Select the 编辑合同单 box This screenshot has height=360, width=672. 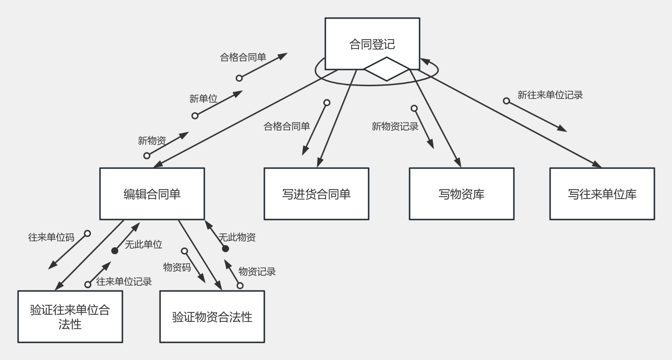tap(152, 194)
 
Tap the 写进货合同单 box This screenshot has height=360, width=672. tap(316, 194)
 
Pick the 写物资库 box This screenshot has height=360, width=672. tap(461, 194)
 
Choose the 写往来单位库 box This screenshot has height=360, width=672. tap(602, 194)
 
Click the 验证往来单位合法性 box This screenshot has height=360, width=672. tap(70, 317)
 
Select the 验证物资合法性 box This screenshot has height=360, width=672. tap(212, 317)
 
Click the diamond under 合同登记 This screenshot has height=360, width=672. tap(387, 69)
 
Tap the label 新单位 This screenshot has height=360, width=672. tap(203, 99)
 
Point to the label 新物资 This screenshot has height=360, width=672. tap(152, 140)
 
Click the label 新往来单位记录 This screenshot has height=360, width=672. tap(550, 95)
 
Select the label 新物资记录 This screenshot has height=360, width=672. tap(395, 126)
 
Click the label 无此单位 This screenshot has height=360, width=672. tap(143, 245)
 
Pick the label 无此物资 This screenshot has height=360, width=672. tap(237, 237)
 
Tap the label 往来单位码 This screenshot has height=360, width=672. tap(51, 237)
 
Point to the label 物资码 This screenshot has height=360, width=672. tap(177, 267)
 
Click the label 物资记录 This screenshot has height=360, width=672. tap(257, 271)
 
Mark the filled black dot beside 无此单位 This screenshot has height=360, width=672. tap(115, 251)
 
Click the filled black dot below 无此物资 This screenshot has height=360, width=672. tap(225, 249)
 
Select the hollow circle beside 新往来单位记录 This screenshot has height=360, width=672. tap(506, 101)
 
